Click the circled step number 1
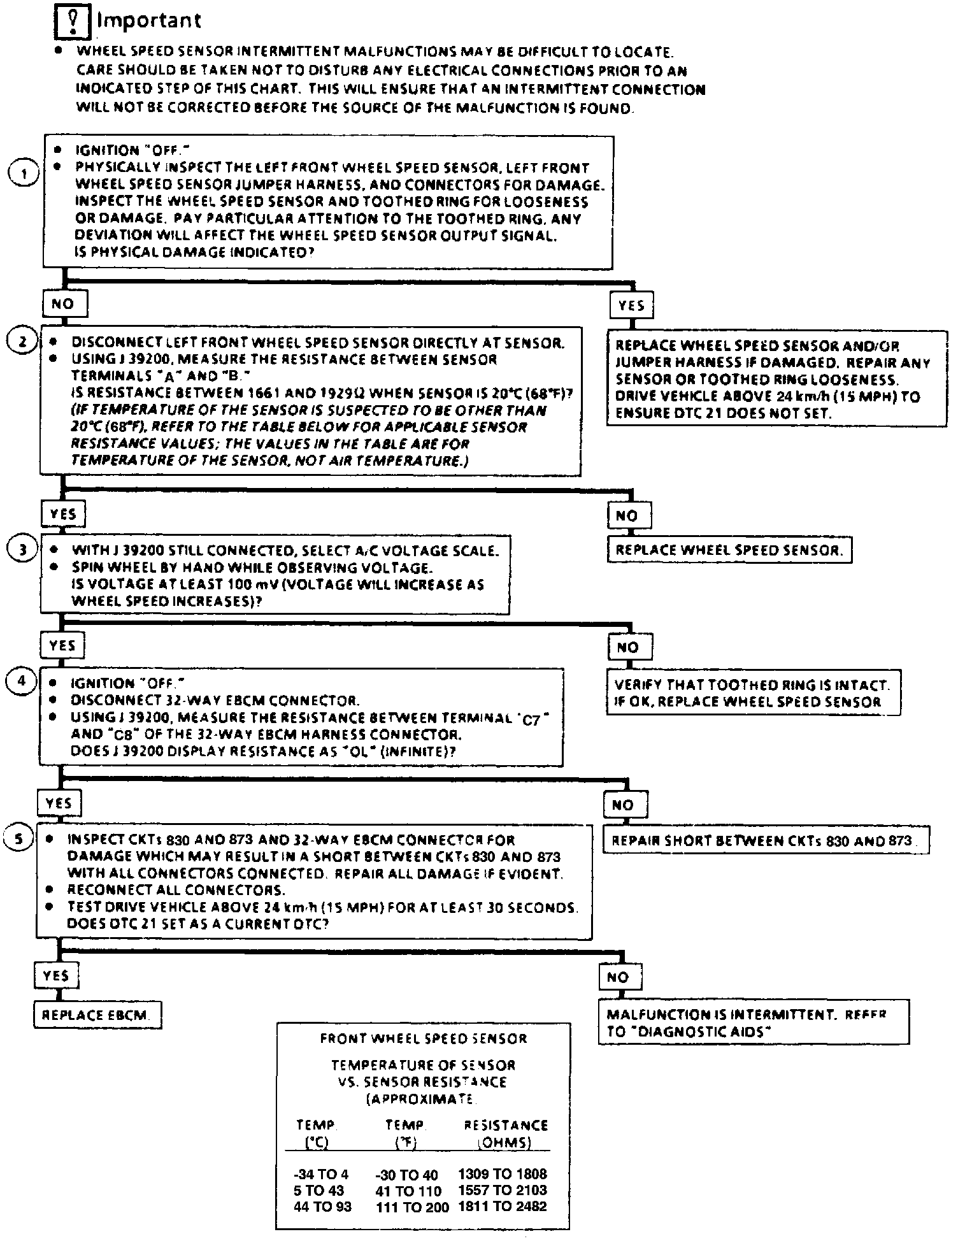[24, 174]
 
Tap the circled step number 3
[22, 549]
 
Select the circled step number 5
[18, 839]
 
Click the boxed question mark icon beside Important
[73, 23]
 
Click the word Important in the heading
[148, 21]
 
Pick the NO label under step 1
[64, 304]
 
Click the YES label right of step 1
[631, 305]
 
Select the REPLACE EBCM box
[97, 1014]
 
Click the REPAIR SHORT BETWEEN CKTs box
[765, 840]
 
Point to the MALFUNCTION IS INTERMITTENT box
[753, 1023]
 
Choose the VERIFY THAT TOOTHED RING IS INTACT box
[752, 693]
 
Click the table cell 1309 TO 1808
[503, 1173]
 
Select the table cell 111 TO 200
[412, 1207]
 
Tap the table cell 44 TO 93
[322, 1207]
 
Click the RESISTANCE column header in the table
[506, 1125]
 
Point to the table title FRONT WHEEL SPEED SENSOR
[423, 1038]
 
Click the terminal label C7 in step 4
[531, 721]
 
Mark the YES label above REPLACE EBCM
[56, 976]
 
